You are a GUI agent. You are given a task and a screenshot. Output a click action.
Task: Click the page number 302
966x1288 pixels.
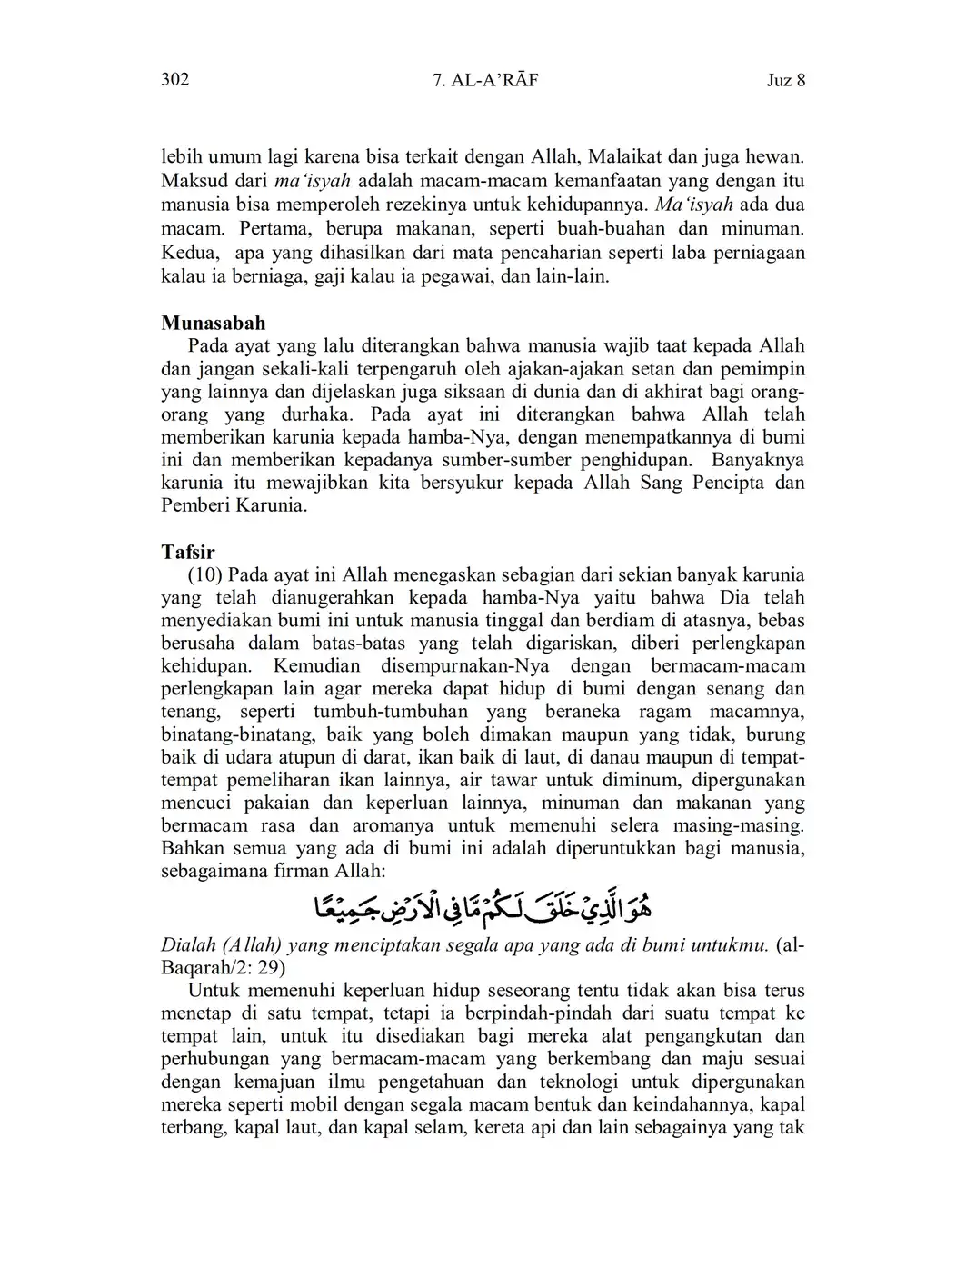(174, 80)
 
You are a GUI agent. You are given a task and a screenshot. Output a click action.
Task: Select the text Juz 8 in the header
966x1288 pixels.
(786, 80)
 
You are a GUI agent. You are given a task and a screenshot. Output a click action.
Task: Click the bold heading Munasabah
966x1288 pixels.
(213, 323)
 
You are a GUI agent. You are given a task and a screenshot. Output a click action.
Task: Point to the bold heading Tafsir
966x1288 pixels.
(187, 552)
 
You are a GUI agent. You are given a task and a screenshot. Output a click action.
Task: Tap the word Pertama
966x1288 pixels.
(274, 228)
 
